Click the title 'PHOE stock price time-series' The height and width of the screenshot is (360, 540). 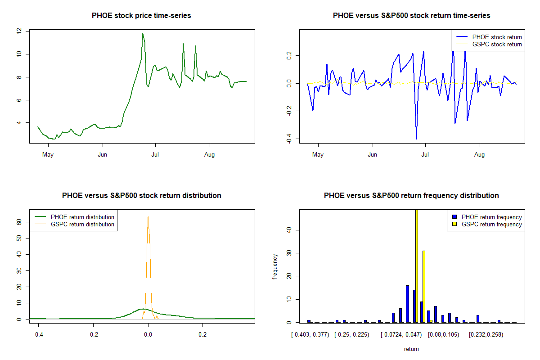[141, 16]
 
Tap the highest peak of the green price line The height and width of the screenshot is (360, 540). [143, 34]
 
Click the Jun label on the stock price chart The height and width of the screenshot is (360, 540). [103, 155]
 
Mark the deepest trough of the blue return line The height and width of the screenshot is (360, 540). [416, 139]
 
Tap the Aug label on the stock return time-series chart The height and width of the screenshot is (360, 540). [480, 155]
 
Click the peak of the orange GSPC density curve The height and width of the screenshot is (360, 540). [148, 217]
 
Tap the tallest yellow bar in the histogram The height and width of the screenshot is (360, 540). [417, 265]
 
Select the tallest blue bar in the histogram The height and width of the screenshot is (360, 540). [407, 304]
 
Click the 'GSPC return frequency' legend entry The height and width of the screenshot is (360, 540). [492, 224]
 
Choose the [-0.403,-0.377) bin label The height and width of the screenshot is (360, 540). [310, 335]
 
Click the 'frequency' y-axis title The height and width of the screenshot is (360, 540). [275, 266]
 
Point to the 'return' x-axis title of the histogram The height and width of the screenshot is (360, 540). [411, 349]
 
